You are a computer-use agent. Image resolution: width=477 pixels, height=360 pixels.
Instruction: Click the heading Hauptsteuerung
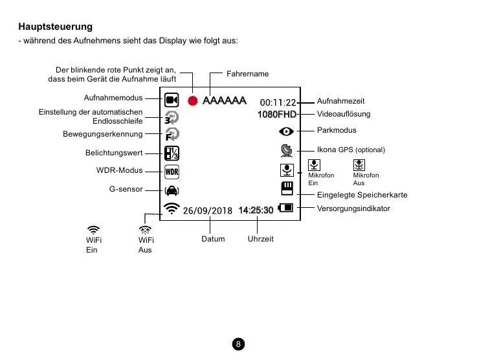tap(56, 27)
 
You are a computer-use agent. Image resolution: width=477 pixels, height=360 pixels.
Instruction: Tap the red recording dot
tap(192, 100)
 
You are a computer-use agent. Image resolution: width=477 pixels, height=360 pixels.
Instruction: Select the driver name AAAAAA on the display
tap(224, 101)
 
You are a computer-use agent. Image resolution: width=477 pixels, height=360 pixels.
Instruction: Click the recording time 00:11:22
tap(278, 102)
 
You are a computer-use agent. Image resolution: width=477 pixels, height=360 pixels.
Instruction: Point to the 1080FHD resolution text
tap(276, 115)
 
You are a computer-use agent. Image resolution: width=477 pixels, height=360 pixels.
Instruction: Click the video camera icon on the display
tap(172, 100)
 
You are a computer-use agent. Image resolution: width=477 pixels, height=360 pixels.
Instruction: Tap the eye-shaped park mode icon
tap(285, 131)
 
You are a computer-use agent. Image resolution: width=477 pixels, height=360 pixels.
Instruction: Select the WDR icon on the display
tap(172, 172)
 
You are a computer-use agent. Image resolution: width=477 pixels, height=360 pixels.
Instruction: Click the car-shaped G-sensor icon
tap(172, 190)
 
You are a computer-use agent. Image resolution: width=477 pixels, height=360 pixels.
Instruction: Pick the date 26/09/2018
tap(207, 210)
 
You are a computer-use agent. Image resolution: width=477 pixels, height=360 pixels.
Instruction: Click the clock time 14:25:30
tap(256, 210)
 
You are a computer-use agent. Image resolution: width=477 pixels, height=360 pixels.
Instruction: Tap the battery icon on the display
tap(285, 208)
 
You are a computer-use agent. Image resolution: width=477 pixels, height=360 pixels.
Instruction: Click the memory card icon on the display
tap(286, 188)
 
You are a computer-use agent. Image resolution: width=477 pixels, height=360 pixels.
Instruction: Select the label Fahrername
tap(247, 74)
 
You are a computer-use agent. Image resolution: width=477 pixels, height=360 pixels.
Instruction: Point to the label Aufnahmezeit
tap(340, 101)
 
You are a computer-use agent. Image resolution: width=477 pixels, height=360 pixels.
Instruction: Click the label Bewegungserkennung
tap(102, 134)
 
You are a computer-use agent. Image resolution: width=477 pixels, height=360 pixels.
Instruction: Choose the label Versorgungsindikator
tap(353, 208)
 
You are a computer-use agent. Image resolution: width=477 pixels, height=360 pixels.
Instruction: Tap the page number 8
tap(238, 344)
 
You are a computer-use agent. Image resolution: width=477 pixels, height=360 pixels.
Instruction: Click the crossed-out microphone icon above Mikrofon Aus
tap(359, 166)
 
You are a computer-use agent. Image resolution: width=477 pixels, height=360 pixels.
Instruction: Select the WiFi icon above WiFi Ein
tap(94, 229)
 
